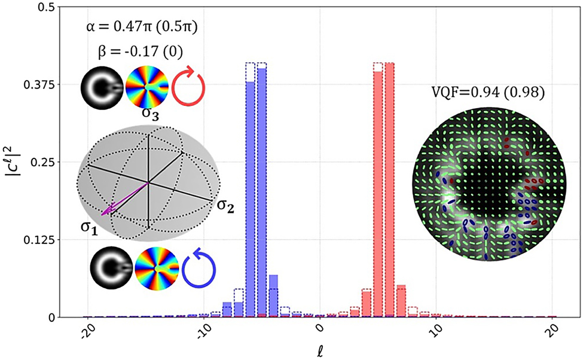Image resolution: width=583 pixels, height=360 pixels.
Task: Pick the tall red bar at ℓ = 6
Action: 389,191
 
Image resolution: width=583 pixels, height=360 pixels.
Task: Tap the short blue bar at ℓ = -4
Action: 273,296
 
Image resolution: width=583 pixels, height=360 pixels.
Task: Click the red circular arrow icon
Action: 188,84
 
